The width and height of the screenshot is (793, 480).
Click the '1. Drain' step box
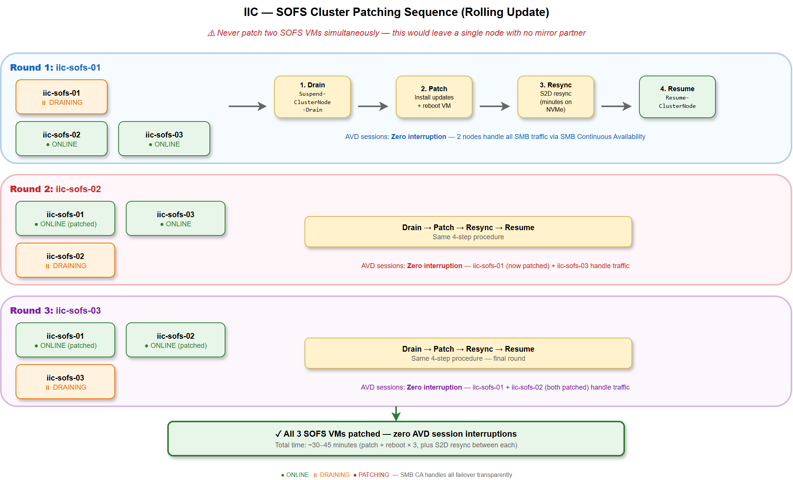[312, 97]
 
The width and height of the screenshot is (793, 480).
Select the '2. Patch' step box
[434, 97]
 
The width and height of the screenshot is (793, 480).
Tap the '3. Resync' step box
[555, 97]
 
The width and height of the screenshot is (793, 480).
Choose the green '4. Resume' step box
[677, 97]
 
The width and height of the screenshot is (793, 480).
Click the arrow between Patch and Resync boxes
[494, 106]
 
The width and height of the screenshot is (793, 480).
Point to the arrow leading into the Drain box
[247, 106]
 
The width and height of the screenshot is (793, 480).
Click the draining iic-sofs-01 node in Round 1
[62, 97]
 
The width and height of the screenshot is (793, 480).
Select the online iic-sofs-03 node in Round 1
[164, 139]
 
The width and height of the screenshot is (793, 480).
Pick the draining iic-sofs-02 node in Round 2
[65, 260]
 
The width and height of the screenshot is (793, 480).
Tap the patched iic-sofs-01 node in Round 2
[65, 218]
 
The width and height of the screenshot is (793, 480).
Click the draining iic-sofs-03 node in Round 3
[65, 382]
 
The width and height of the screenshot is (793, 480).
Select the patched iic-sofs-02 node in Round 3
[176, 340]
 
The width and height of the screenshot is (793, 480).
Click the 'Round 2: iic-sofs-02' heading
[56, 189]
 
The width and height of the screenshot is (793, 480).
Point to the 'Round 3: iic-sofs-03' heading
[56, 311]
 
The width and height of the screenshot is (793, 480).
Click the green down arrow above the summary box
[396, 414]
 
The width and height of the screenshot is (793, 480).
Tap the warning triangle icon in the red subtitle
[211, 33]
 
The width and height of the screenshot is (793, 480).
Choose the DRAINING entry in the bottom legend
[331, 475]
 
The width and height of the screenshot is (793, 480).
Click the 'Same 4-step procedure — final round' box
[468, 353]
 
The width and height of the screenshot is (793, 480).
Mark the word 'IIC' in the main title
[251, 12]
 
